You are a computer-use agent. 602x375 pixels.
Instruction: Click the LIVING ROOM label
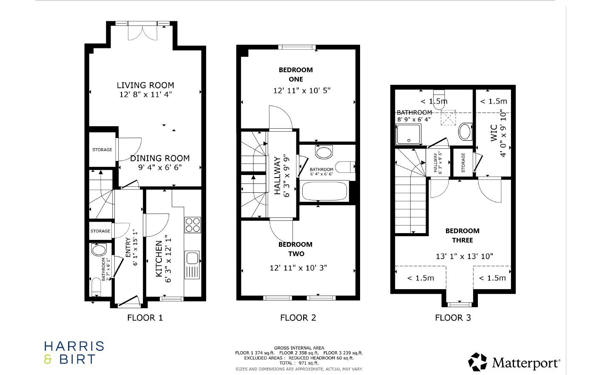pos(145,85)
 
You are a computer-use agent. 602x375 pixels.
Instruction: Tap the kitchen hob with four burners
pos(193,225)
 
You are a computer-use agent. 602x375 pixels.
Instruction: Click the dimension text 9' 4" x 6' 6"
pos(160,167)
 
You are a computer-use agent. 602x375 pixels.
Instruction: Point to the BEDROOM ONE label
pos(295,74)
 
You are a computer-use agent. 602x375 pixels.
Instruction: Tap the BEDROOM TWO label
pos(295,249)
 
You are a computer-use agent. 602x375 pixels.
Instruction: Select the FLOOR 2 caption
pos(298,318)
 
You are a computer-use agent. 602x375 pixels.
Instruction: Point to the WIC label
pos(494,133)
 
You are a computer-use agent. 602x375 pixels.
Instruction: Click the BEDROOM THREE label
pos(462,235)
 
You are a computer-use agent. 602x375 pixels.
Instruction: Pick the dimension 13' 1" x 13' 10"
pos(464,256)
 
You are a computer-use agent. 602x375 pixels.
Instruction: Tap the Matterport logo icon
pos(477,362)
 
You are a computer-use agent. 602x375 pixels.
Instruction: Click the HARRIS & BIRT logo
pos(74,353)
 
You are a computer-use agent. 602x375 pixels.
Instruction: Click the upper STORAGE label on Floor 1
pos(102,149)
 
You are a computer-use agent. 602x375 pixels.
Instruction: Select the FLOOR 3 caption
pos(453,318)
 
